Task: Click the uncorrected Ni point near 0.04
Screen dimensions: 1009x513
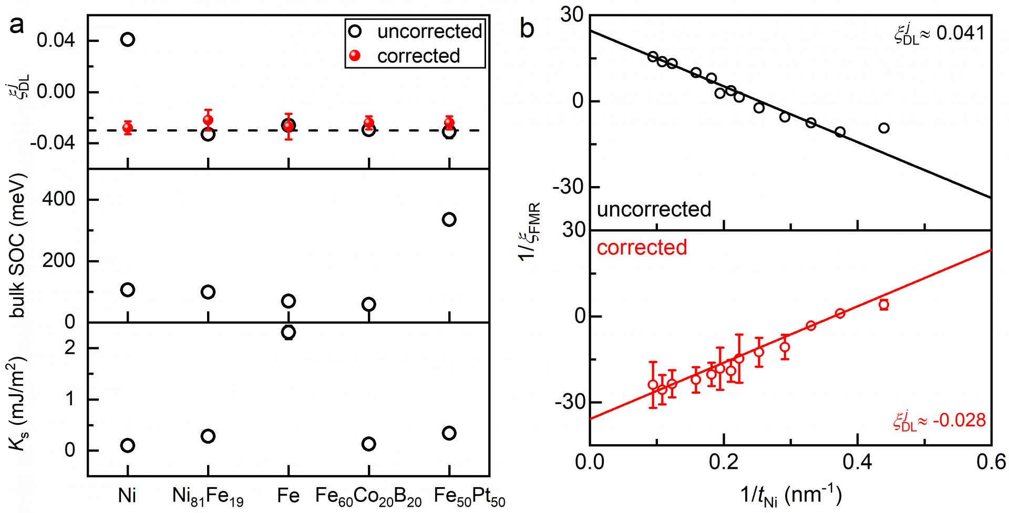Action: pos(128,39)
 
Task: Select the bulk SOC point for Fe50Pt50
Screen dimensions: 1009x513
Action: pos(449,219)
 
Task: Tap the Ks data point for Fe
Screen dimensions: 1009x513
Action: pos(289,332)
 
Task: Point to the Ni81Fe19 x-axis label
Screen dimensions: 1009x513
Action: pos(208,496)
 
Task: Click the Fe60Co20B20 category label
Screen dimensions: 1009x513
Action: pos(368,496)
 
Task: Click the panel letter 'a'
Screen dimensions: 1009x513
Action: pos(17,25)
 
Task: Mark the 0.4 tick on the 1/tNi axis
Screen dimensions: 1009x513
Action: pos(858,462)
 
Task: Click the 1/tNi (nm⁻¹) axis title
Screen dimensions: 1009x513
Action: pos(790,495)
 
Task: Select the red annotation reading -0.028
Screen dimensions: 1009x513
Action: pos(939,420)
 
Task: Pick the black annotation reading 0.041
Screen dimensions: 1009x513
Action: pos(939,33)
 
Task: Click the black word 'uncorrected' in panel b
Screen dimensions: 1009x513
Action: pos(654,209)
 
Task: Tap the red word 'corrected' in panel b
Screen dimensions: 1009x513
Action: pos(642,248)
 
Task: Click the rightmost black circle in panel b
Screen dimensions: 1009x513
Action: pos(884,128)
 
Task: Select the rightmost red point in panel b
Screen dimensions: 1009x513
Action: pos(884,304)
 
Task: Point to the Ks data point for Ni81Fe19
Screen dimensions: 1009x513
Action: pos(208,436)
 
